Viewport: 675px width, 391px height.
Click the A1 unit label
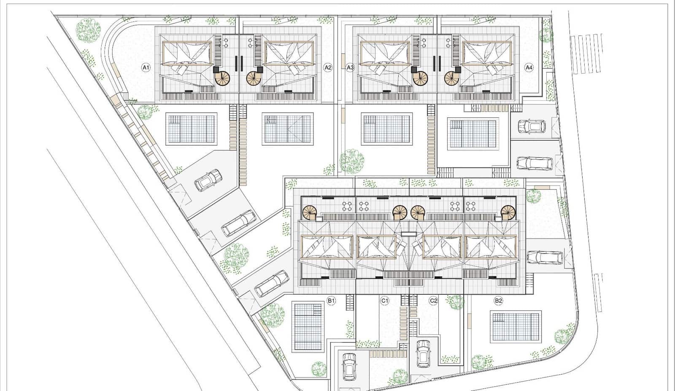[146, 67]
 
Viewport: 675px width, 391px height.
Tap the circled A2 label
[328, 67]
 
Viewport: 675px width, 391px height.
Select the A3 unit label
[350, 67]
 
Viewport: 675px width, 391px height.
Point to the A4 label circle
[529, 67]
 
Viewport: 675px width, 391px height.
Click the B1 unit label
[331, 301]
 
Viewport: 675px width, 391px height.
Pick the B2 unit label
[498, 301]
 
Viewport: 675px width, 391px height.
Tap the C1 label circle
[384, 301]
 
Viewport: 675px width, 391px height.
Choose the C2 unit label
[433, 301]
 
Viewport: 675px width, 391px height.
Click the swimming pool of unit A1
[191, 129]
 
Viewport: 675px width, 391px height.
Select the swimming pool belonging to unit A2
[287, 129]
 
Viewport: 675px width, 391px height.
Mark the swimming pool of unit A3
[387, 129]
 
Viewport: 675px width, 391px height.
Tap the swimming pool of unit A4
[472, 134]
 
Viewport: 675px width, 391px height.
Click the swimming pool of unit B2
[516, 327]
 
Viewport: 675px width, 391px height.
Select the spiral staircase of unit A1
[223, 78]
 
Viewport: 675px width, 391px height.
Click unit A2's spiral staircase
[254, 78]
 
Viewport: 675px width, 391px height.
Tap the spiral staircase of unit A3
[420, 78]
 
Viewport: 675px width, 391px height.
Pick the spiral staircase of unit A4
[451, 78]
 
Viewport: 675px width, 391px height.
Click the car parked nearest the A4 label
[532, 126]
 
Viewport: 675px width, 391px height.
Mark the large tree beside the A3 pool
[352, 161]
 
